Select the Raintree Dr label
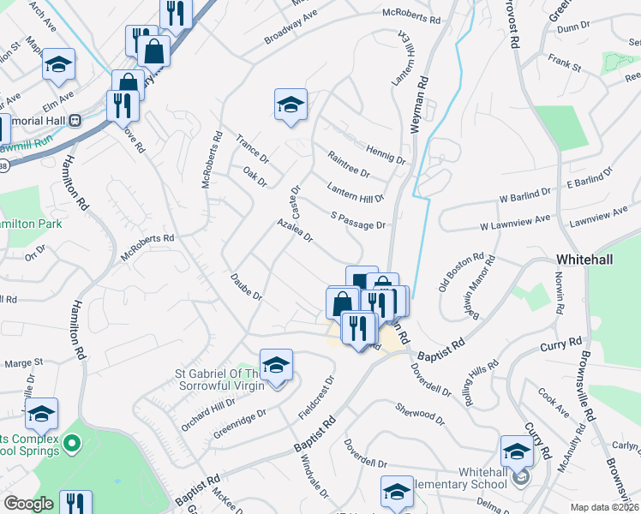pos(349,164)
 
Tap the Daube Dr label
pos(245,286)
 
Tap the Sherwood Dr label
pos(420,414)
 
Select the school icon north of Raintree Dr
pos(291,105)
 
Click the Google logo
pos(28,504)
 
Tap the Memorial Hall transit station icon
pos(75,121)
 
